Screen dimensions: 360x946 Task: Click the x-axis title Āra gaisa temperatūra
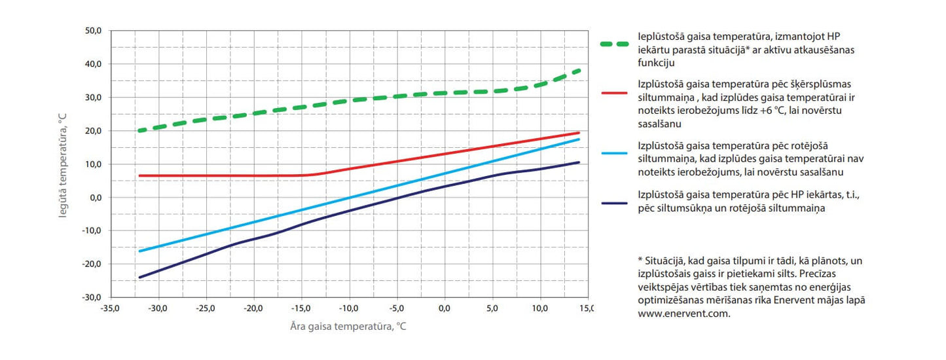tap(348, 326)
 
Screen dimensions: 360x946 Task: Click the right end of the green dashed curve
tap(579, 70)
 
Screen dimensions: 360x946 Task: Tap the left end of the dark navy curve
tap(139, 277)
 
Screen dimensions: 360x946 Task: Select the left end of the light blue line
tap(139, 251)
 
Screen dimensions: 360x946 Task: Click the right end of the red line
tap(579, 133)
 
